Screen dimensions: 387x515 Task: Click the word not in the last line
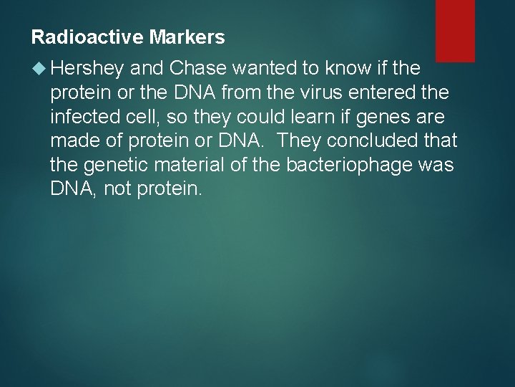coord(116,189)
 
